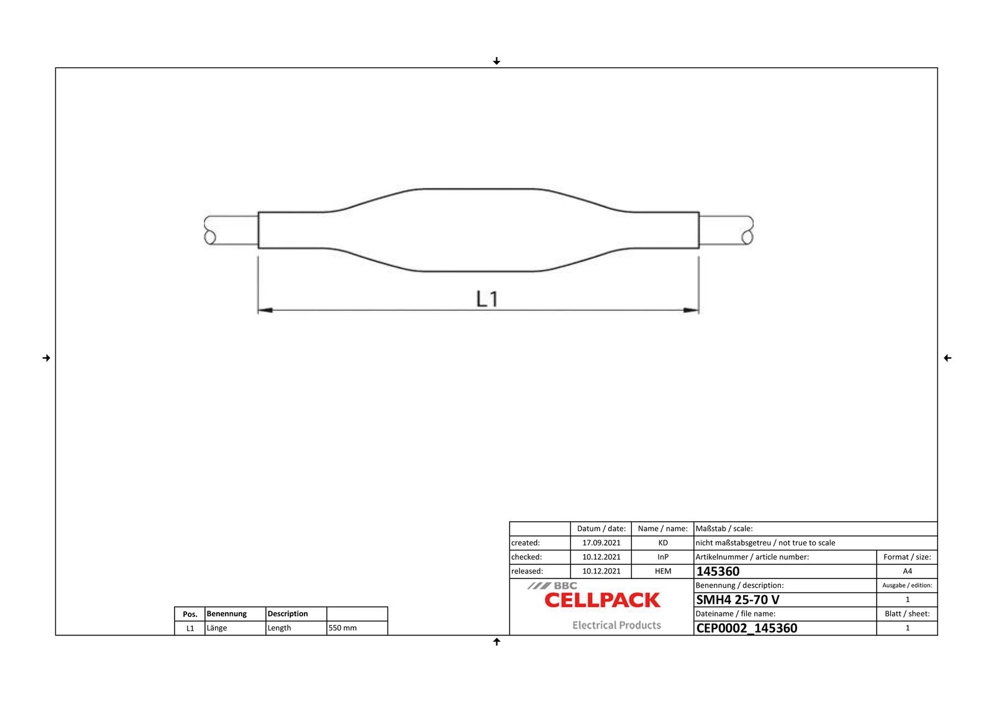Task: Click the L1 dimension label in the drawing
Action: [487, 299]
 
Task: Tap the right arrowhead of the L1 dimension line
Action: [691, 310]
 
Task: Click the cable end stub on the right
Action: [726, 230]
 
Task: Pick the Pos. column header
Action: [190, 614]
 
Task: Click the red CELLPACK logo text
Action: [602, 600]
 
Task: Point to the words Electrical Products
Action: [616, 625]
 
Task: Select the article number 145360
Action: [718, 572]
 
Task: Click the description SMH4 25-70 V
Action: [737, 600]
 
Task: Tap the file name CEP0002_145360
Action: [747, 628]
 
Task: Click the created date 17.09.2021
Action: [601, 543]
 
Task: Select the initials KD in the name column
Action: [663, 543]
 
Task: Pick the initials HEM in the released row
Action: [663, 572]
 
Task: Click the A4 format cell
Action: [907, 572]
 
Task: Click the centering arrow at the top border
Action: [496, 61]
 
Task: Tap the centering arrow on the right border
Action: [947, 358]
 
